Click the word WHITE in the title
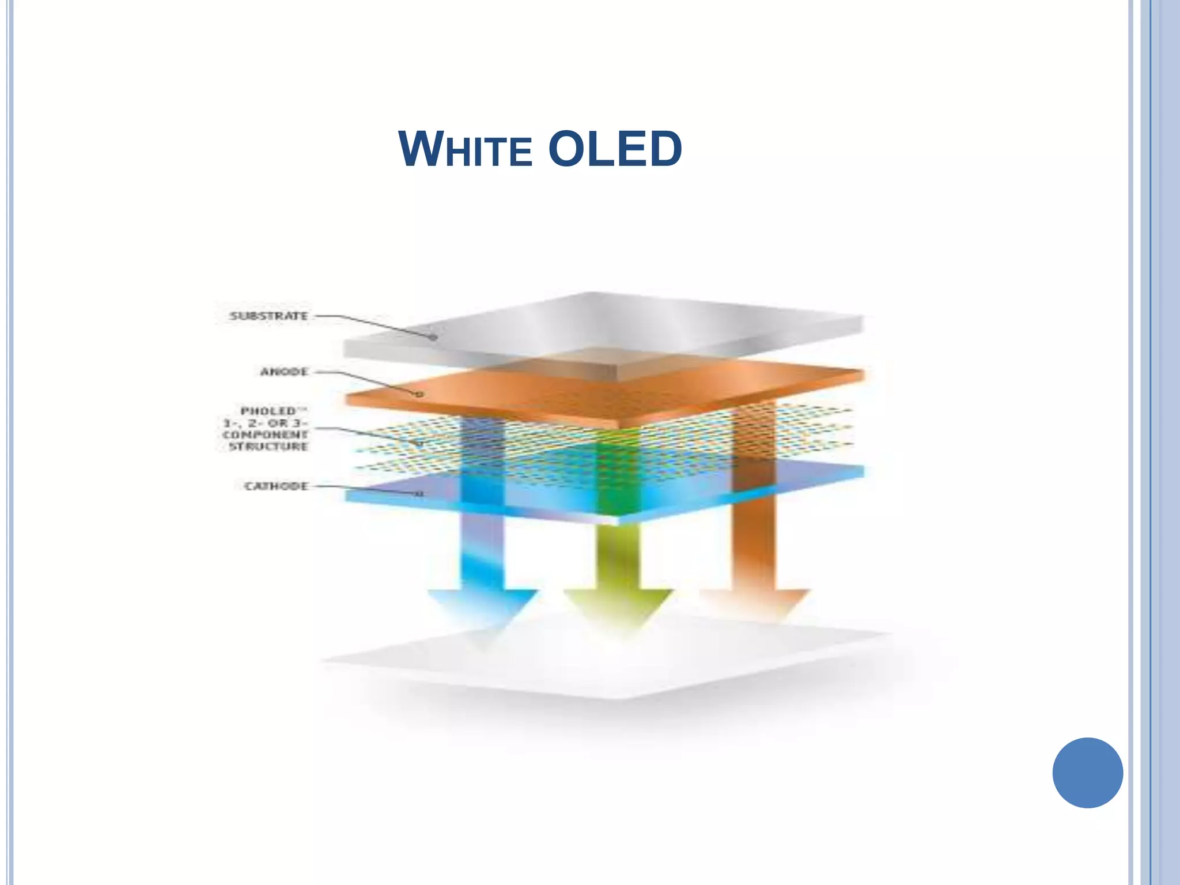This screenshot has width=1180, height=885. click(464, 149)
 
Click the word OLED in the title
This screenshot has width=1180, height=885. click(614, 149)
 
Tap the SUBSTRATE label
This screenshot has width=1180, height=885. click(268, 316)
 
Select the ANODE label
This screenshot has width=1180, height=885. click(284, 372)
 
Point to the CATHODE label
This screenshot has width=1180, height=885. click(277, 486)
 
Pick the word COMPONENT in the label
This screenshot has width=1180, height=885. click(266, 434)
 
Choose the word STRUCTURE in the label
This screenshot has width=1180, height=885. click(268, 447)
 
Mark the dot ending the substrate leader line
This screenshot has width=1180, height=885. click(433, 337)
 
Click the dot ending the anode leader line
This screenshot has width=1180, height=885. click(419, 395)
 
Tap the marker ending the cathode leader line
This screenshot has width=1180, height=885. click(419, 494)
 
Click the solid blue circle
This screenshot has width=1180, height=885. click(1087, 773)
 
